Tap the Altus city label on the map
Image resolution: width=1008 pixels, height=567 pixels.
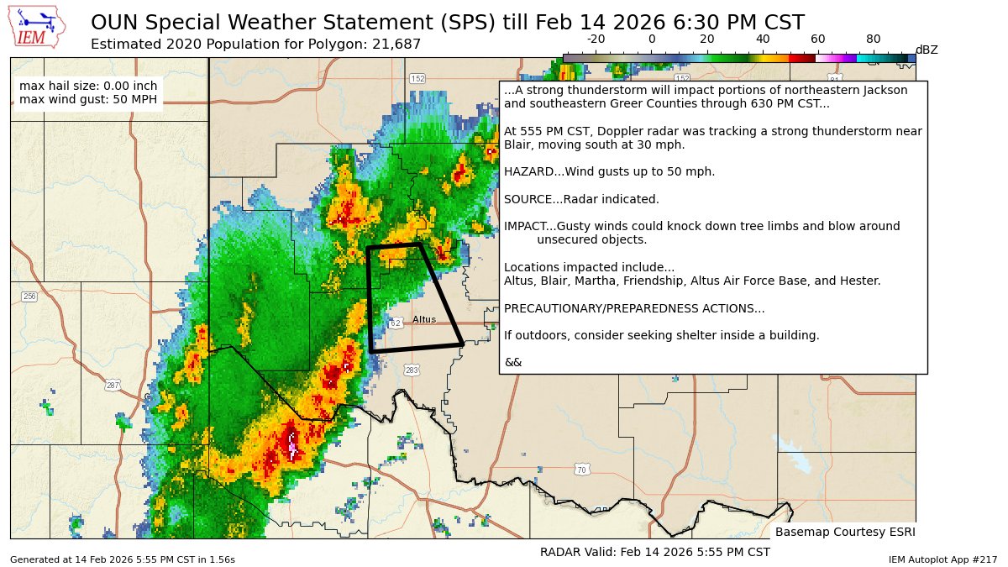coord(424,320)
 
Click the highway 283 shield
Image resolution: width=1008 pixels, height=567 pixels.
coord(412,370)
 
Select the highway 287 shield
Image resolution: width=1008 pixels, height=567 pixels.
coord(112,386)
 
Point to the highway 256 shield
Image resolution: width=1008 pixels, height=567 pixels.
coord(29,297)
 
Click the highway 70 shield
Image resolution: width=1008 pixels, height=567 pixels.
coord(580,470)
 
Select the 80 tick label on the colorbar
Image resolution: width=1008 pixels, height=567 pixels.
coord(874,39)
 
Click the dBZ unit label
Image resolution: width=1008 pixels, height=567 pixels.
coord(927,50)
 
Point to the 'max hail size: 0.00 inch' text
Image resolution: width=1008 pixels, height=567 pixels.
coord(87,87)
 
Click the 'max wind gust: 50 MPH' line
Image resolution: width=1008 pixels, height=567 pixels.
coord(87,101)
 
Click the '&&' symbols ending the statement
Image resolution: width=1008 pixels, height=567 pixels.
coord(512,362)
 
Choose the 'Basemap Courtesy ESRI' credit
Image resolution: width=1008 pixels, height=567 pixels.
coord(844,533)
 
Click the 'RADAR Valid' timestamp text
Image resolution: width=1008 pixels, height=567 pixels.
coord(654,552)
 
